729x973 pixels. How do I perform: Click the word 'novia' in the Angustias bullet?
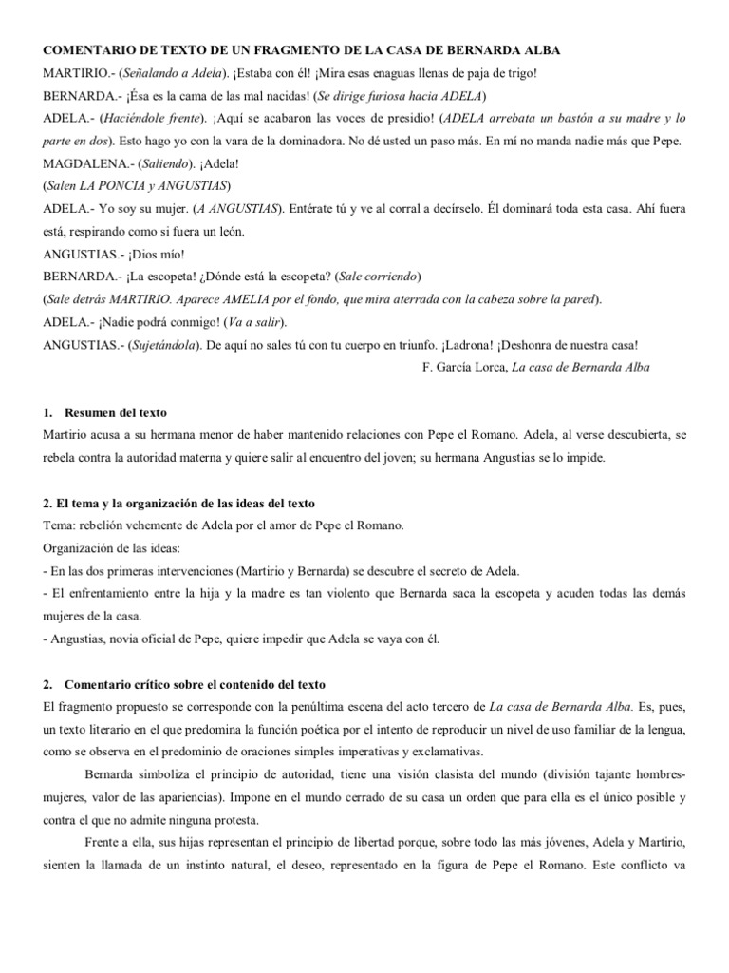tap(133, 639)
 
